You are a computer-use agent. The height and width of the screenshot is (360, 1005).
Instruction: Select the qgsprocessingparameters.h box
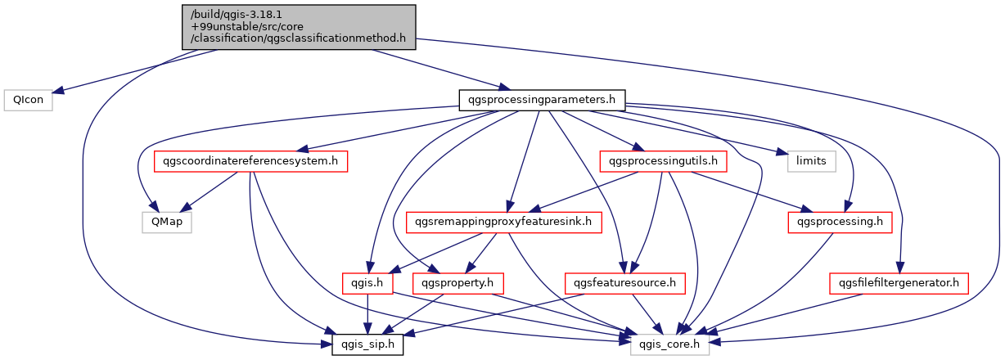click(542, 100)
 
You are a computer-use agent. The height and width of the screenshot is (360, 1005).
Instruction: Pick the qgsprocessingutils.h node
click(664, 161)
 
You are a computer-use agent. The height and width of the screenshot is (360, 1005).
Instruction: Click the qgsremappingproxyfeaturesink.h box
click(503, 223)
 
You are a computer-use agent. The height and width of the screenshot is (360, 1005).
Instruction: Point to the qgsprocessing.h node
click(840, 223)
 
